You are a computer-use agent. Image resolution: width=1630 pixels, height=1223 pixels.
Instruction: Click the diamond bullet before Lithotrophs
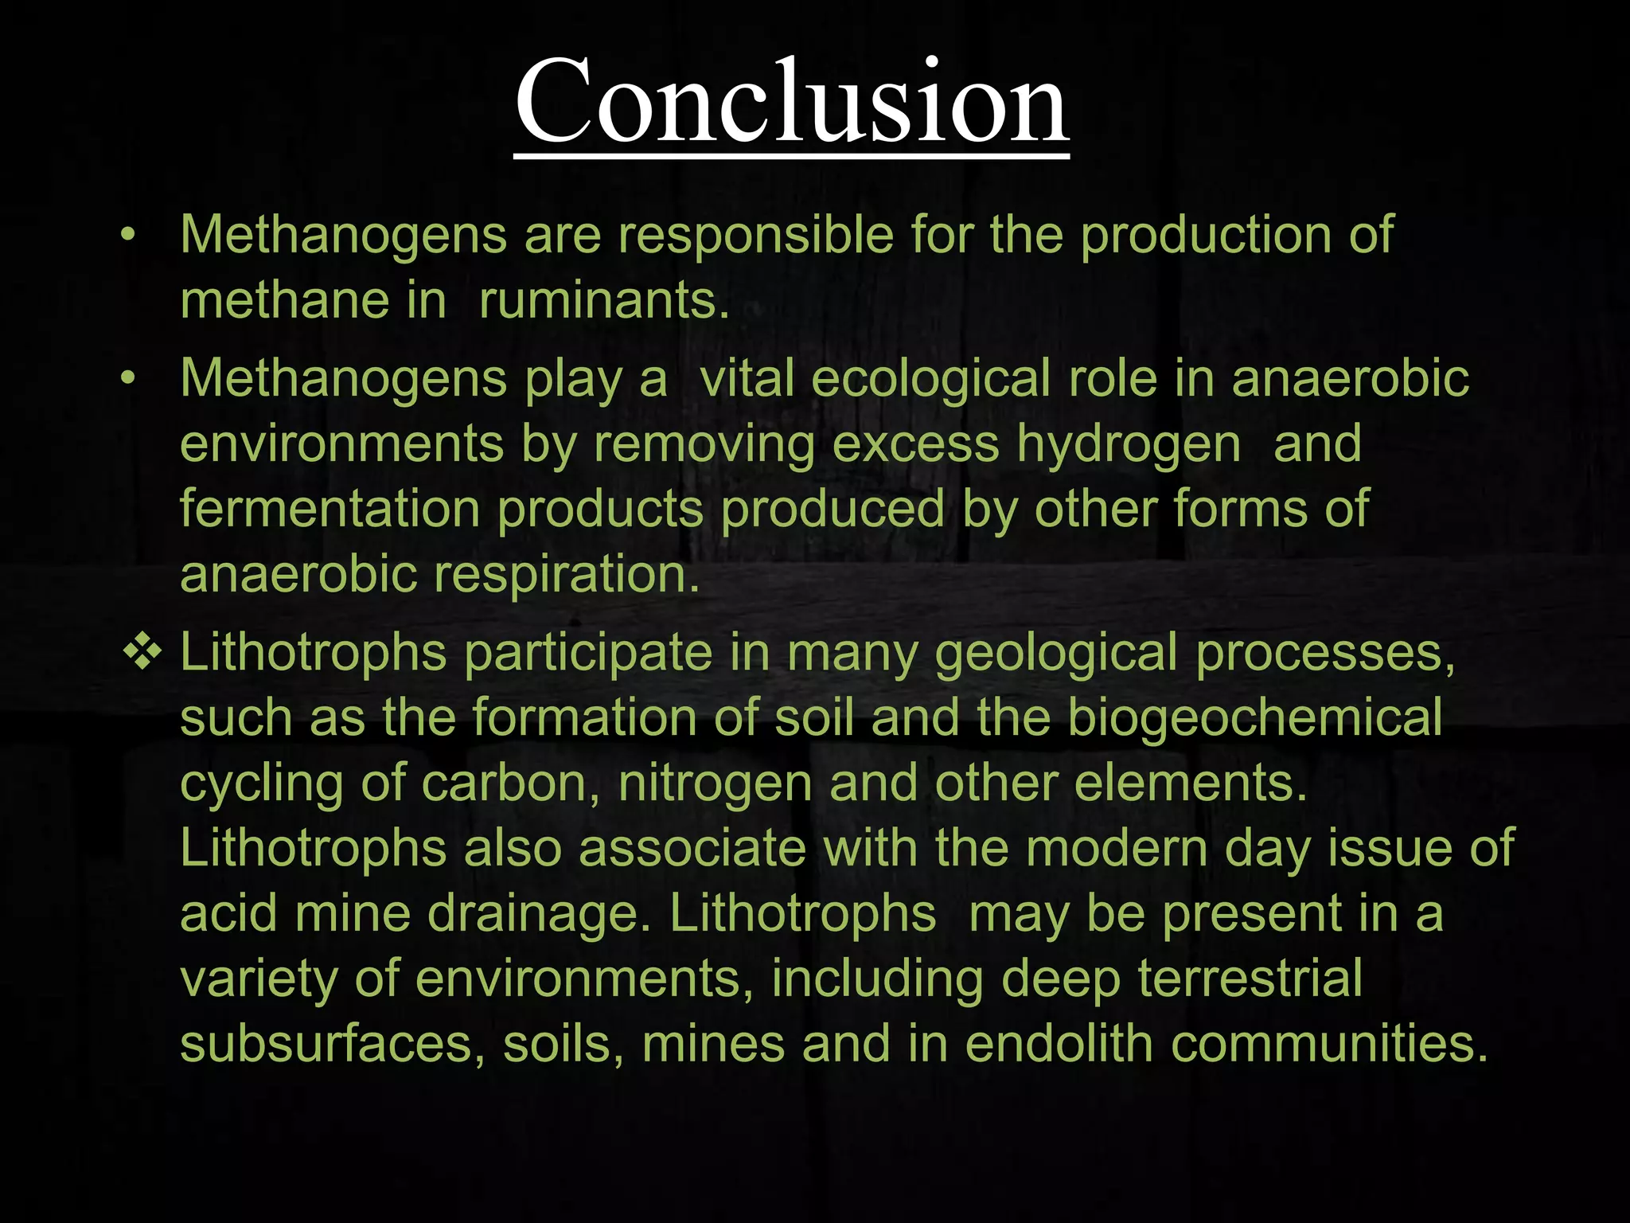(142, 653)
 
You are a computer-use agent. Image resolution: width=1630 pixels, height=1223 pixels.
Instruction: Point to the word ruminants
(604, 301)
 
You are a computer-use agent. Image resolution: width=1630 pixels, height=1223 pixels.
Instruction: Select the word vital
(747, 378)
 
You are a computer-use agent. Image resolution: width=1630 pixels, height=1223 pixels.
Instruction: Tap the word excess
(915, 444)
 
